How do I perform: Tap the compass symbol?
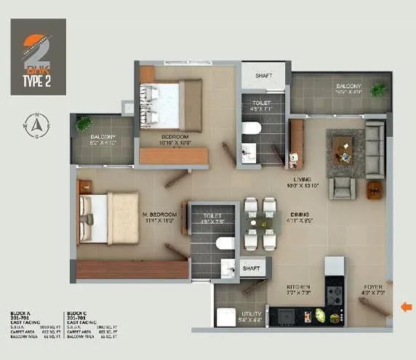click(x=33, y=126)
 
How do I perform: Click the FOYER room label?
click(x=372, y=287)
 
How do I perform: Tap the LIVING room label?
click(x=302, y=179)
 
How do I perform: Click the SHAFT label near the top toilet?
click(x=263, y=75)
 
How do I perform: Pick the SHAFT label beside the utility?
click(x=252, y=268)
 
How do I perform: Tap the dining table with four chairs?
click(x=260, y=223)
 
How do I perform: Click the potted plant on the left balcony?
click(x=84, y=124)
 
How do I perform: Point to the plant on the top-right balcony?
click(x=377, y=90)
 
